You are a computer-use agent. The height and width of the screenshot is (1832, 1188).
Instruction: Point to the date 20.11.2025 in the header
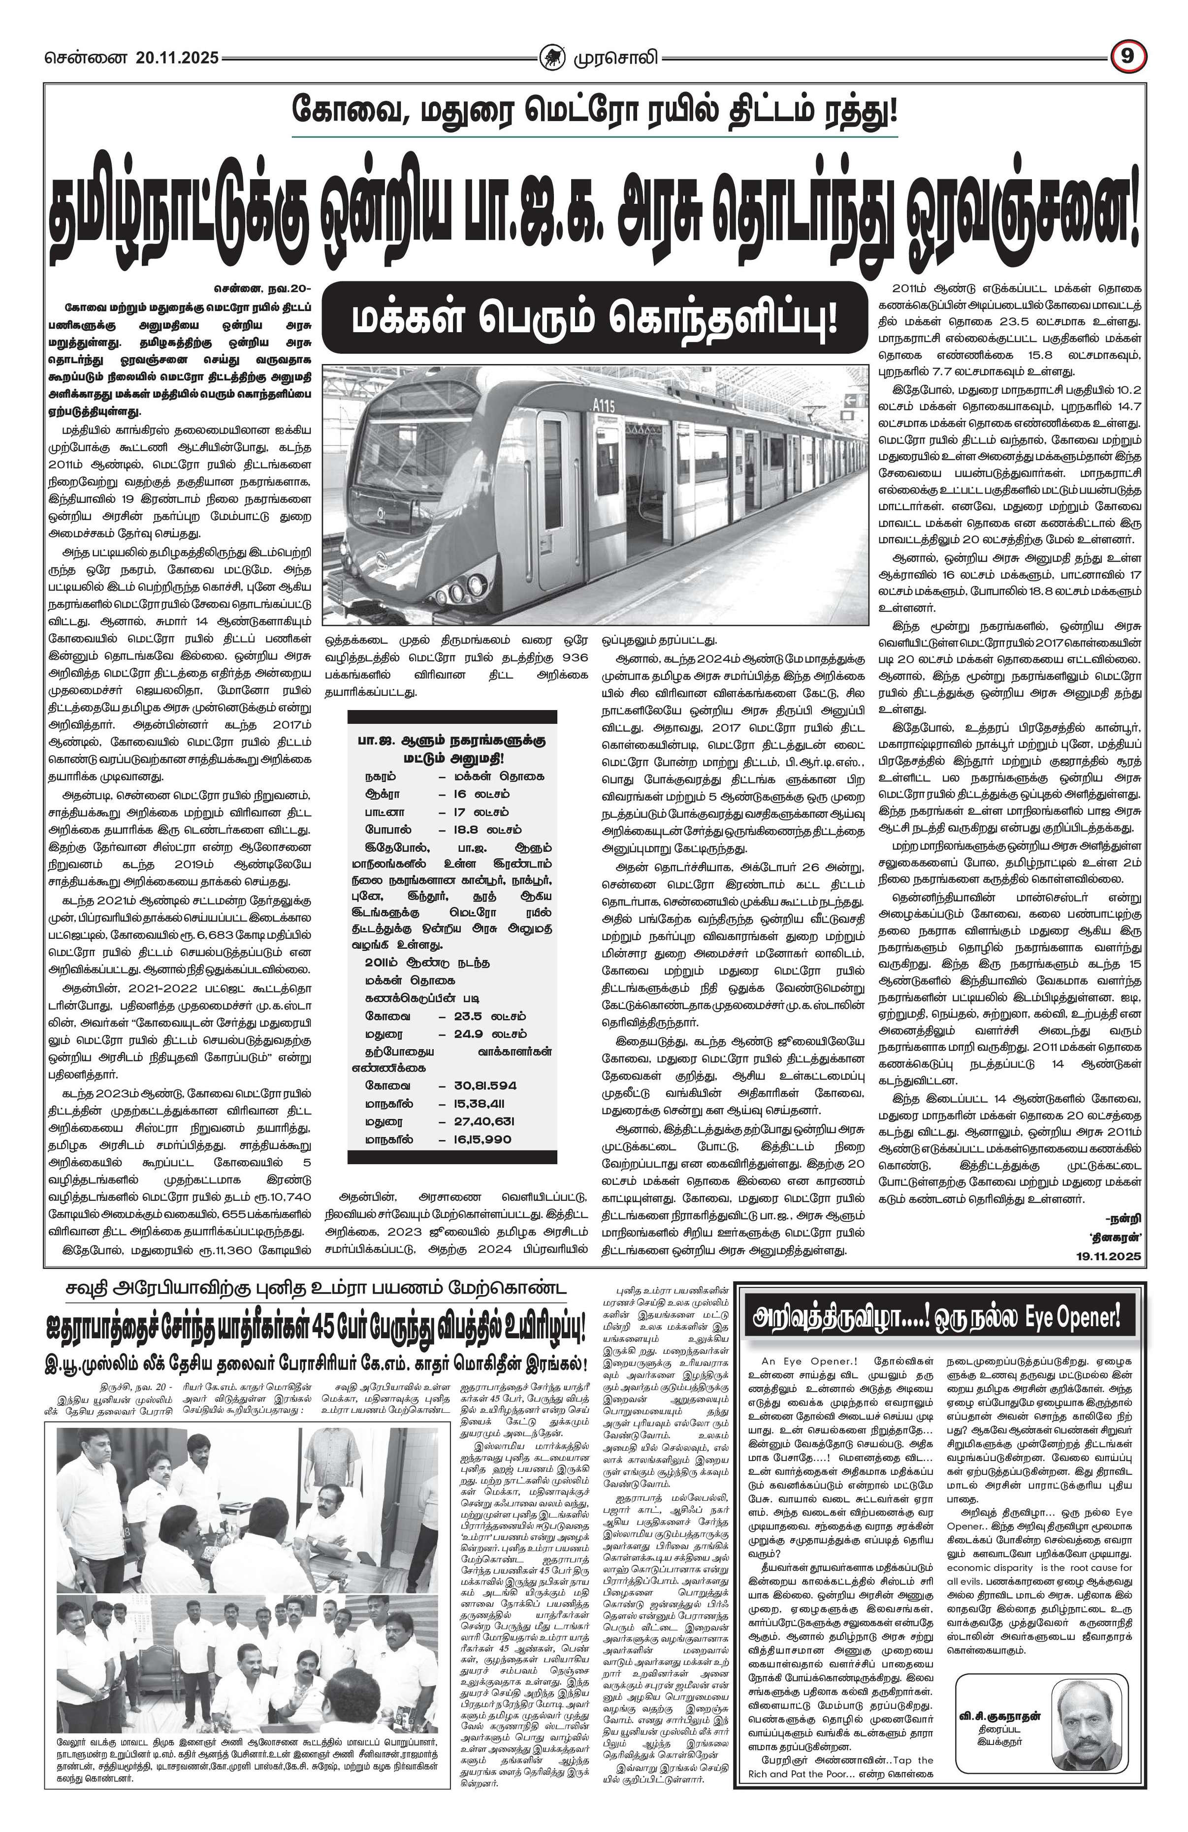click(177, 58)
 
